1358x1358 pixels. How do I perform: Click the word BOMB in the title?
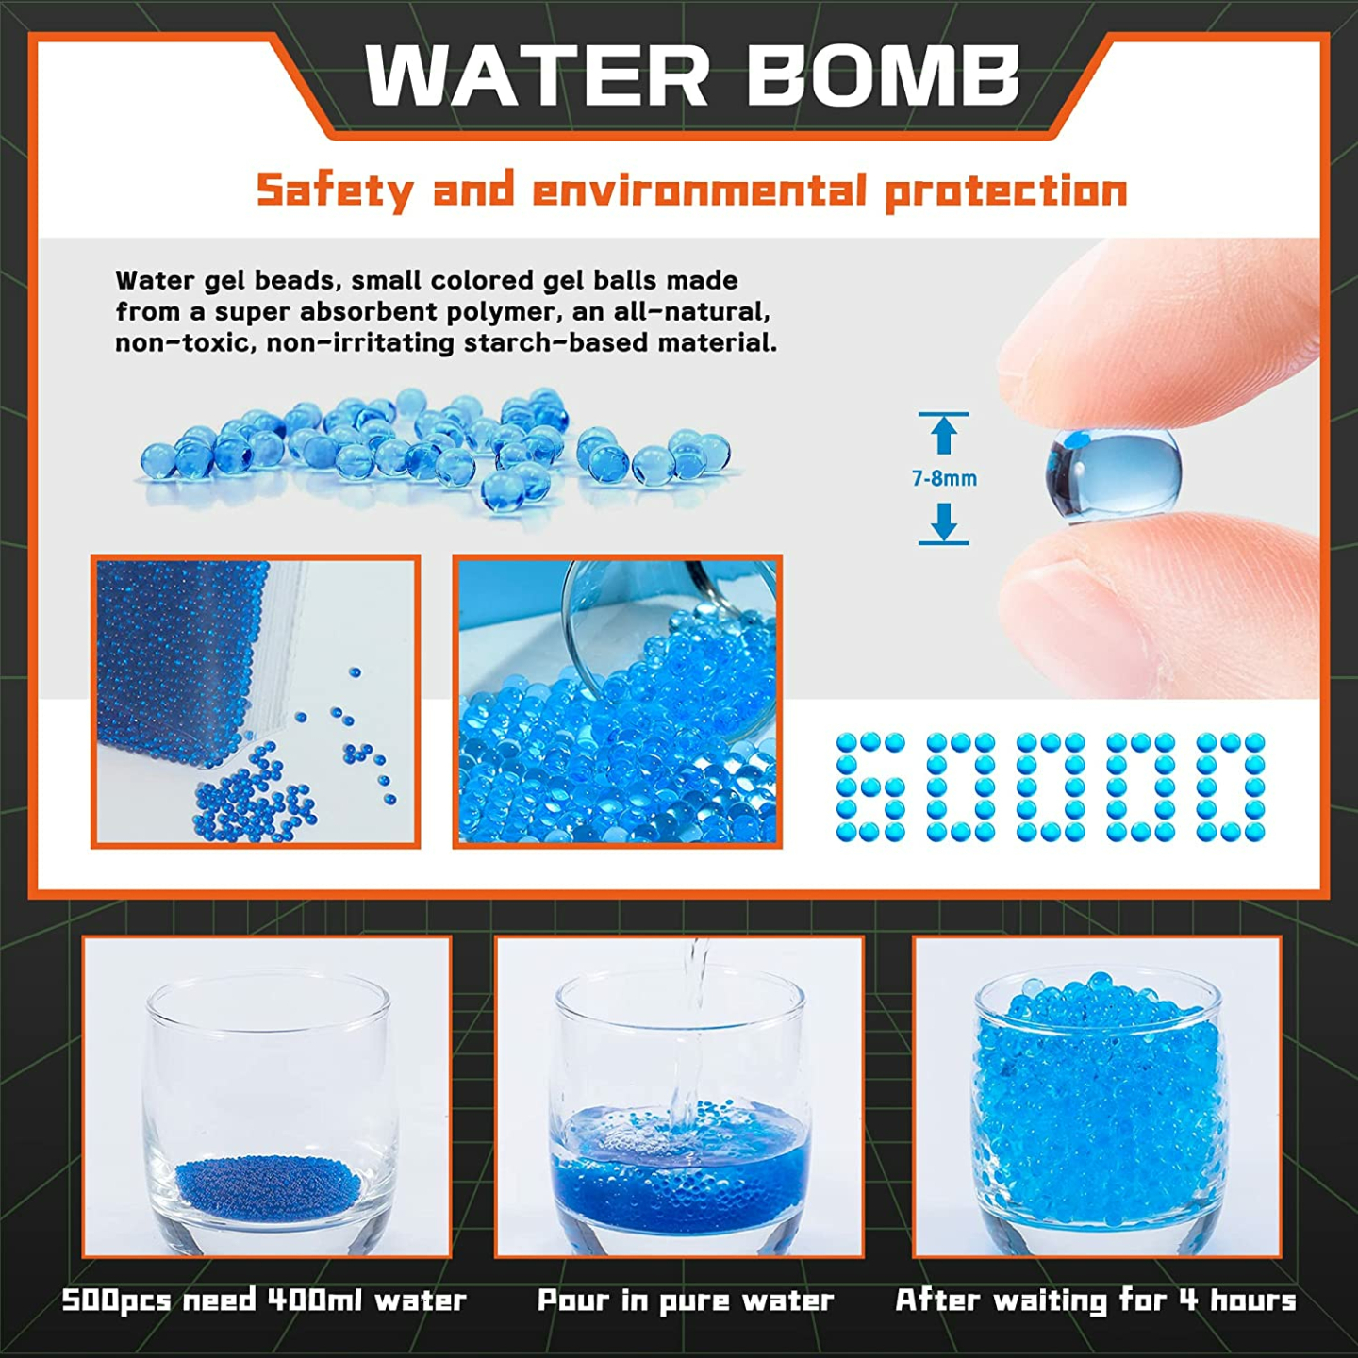point(884,75)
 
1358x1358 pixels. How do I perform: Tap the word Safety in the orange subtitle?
point(335,190)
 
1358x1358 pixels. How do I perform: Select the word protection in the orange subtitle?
point(1006,191)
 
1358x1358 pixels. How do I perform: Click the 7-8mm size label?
point(944,479)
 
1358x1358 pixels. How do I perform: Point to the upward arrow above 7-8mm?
point(944,433)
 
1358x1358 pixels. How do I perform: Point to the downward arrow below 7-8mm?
point(944,522)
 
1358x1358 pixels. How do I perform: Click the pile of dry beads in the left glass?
point(267,1183)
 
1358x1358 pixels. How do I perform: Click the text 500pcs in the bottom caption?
point(116,1300)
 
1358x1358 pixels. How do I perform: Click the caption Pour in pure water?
point(686,1301)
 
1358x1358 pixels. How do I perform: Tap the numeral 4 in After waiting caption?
point(1189,1300)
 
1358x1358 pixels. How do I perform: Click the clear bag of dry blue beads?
point(185,651)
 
